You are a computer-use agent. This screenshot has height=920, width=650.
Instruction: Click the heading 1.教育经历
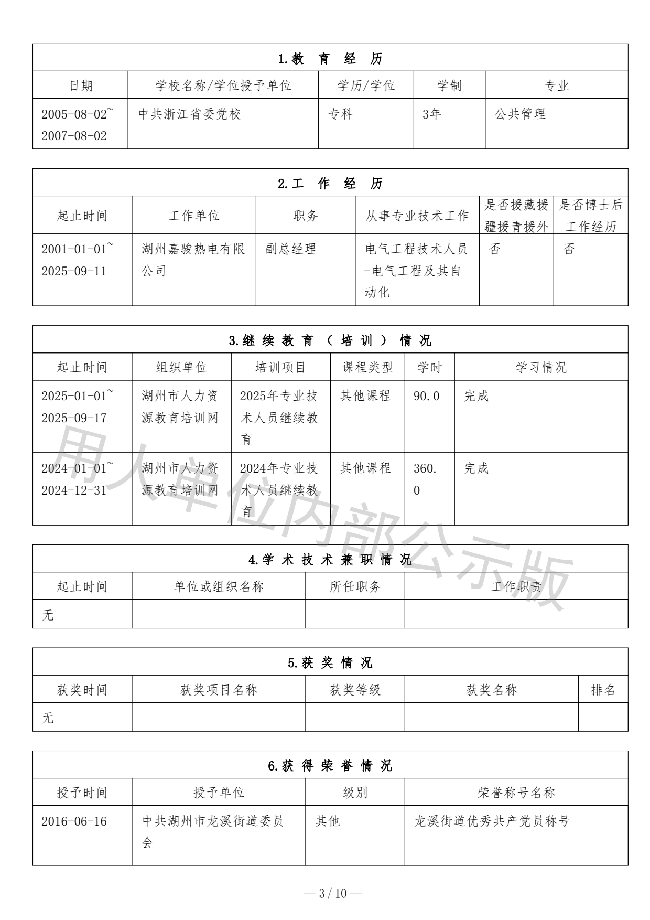point(330,59)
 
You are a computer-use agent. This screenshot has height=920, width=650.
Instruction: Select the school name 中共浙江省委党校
point(189,114)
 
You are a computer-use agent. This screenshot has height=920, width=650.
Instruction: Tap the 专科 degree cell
point(340,114)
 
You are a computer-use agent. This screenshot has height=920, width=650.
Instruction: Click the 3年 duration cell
point(432,114)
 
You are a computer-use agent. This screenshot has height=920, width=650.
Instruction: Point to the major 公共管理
point(520,114)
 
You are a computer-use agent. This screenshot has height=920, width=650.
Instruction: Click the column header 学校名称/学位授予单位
point(223,85)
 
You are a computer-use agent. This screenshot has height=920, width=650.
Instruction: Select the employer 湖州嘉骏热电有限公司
point(193,260)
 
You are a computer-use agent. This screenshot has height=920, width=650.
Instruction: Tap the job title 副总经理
point(291,249)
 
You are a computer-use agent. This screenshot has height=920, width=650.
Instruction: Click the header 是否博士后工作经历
point(591,216)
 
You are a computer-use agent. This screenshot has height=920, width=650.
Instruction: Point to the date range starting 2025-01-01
point(77,406)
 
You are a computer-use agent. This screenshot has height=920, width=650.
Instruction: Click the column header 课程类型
point(367,367)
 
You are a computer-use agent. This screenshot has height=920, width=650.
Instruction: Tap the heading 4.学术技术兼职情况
point(330,560)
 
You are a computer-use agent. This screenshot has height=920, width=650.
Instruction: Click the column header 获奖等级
point(355,690)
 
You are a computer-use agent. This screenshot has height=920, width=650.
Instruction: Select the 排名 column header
point(603,690)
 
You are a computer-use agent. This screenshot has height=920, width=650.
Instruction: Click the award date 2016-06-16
point(74,821)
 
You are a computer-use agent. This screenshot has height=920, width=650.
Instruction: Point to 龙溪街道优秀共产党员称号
point(492,821)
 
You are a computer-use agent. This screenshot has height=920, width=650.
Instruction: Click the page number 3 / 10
point(333,893)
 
